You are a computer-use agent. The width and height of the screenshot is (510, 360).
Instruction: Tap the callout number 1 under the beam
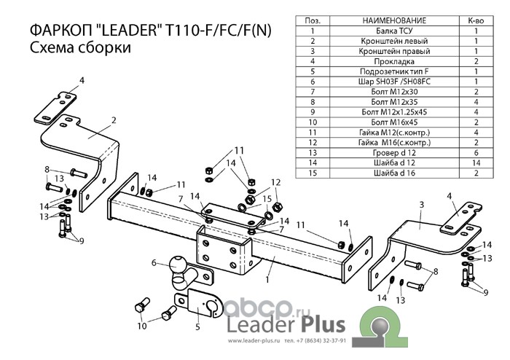pos(267,279)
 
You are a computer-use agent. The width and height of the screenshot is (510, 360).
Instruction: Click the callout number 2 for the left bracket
pos(114,120)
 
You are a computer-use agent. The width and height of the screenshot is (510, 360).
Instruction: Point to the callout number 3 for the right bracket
pos(422,205)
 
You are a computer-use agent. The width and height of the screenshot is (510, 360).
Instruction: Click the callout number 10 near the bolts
pos(142,326)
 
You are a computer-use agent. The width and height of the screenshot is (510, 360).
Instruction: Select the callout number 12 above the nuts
pos(275,182)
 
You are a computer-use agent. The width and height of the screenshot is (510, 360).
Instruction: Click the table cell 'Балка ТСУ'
pos(394,31)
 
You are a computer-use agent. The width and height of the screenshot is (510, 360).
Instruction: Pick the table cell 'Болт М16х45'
pos(394,122)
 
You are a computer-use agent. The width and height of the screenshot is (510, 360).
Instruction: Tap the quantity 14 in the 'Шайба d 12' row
pos(476,163)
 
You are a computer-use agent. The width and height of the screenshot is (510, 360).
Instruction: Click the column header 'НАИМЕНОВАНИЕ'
pos(394,20)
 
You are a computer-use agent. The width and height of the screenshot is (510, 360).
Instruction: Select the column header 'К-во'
pos(476,20)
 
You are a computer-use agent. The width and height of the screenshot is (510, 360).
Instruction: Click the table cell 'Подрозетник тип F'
pos(394,71)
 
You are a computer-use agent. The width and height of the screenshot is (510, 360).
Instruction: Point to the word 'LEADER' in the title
pos(130,31)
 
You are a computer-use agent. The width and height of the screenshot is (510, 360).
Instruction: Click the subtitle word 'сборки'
pos(104,47)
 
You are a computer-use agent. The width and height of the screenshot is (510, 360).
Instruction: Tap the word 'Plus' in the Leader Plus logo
pos(322,324)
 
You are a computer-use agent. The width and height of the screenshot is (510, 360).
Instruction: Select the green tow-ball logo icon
pos(380,326)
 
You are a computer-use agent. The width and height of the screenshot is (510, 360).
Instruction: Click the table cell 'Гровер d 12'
pos(394,152)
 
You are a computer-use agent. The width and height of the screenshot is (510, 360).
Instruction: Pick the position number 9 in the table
pos(313,112)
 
